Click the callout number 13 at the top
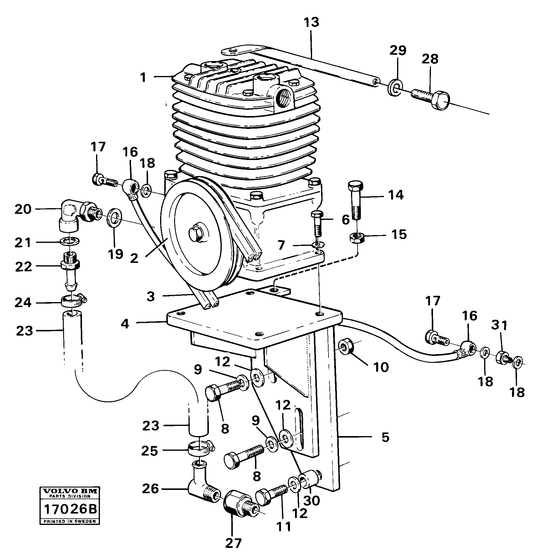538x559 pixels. (311, 23)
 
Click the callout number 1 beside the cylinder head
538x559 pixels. (144, 78)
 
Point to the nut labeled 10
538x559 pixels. (347, 347)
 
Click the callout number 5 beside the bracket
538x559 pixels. (386, 437)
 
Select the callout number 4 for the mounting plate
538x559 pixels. (125, 324)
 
